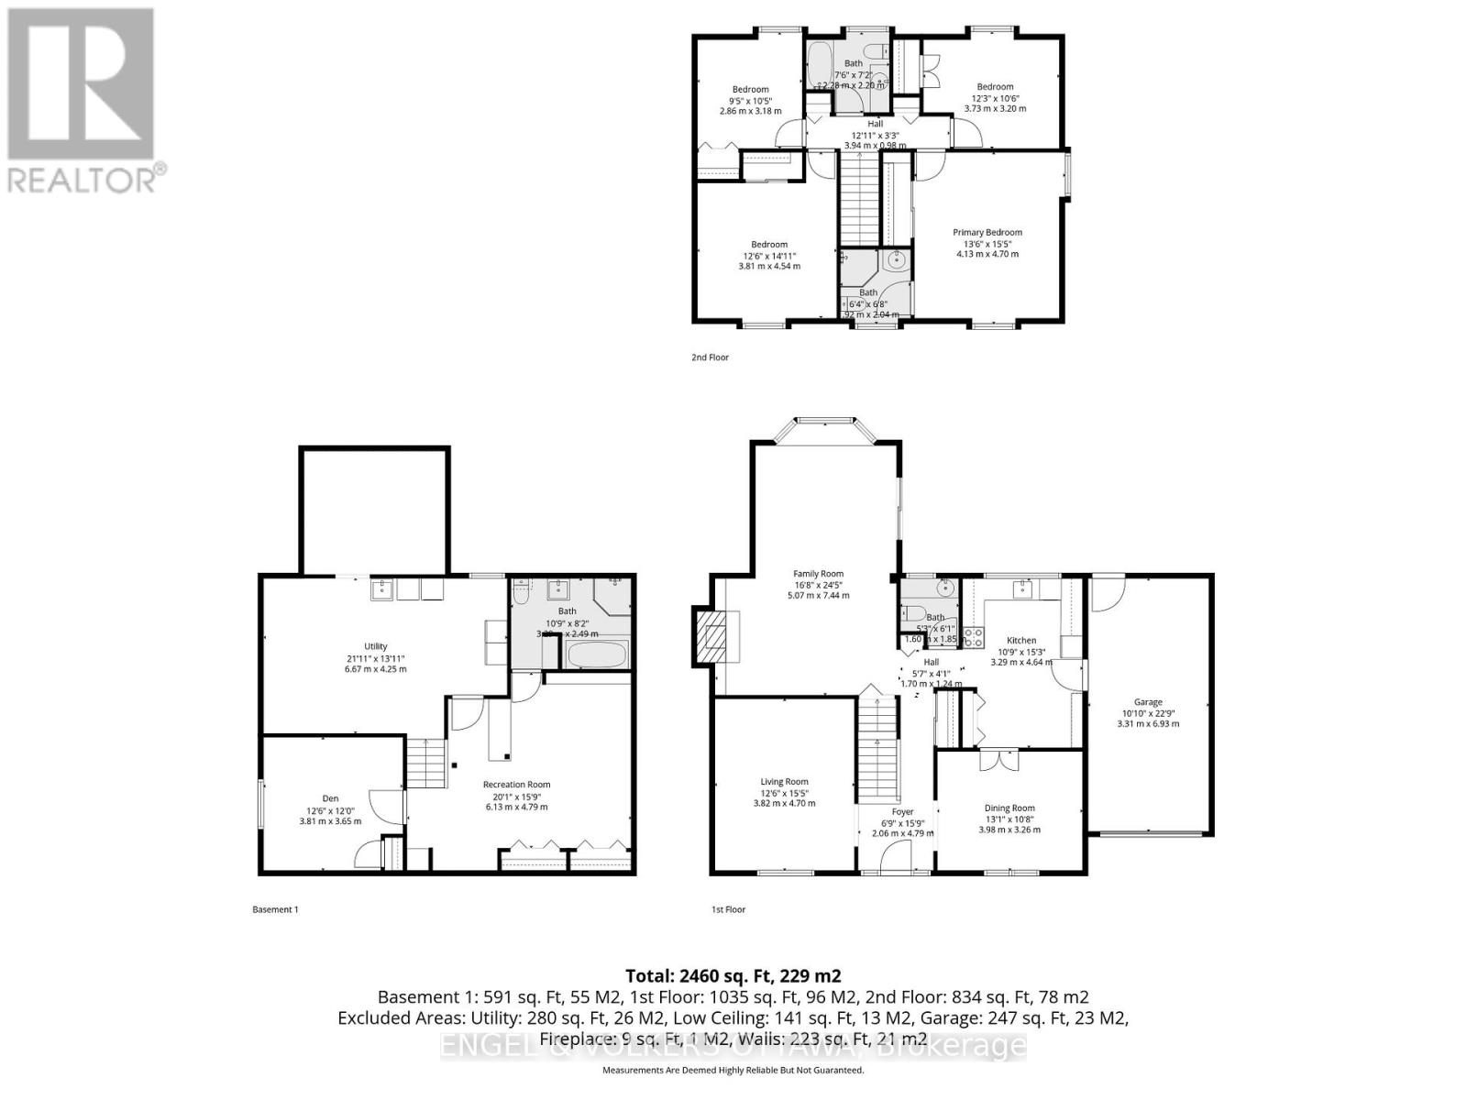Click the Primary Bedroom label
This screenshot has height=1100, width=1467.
[987, 233]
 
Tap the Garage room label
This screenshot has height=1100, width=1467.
[1148, 702]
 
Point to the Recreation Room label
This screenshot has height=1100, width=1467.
[517, 785]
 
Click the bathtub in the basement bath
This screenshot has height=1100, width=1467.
[597, 656]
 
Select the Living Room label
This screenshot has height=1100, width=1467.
[784, 782]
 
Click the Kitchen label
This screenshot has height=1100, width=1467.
[1021, 641]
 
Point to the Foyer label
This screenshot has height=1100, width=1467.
[902, 812]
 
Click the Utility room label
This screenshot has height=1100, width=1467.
[375, 646]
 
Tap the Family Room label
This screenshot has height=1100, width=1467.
[818, 574]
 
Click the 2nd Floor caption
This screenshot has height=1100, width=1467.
[710, 357]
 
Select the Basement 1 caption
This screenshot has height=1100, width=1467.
[275, 909]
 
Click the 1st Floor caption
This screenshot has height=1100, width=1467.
[729, 909]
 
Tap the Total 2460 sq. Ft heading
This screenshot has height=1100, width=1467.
[733, 975]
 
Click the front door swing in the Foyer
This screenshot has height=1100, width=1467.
[897, 856]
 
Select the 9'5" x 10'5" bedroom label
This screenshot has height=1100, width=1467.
[750, 89]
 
